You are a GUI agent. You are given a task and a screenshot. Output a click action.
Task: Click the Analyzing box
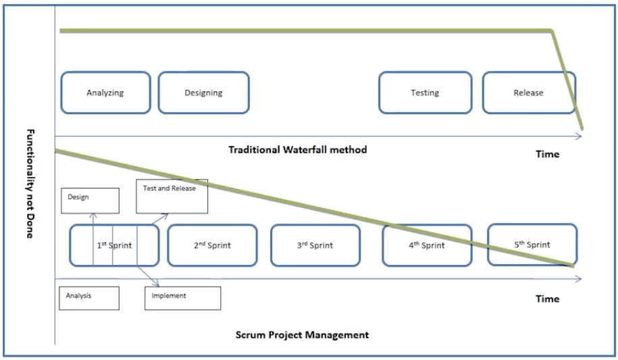pyautogui.click(x=105, y=93)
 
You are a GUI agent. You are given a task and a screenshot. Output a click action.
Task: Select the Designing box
pyautogui.click(x=203, y=93)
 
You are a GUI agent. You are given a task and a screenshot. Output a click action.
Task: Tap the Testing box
pyautogui.click(x=424, y=93)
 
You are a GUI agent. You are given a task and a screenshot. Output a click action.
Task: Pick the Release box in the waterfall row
pyautogui.click(x=527, y=93)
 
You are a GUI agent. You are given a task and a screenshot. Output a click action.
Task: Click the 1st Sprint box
pyautogui.click(x=114, y=245)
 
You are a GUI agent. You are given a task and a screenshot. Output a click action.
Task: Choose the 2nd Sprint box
pyautogui.click(x=212, y=245)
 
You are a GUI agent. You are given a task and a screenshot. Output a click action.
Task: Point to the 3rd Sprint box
pyautogui.click(x=315, y=245)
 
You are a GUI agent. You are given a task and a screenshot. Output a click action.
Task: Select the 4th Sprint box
pyautogui.click(x=426, y=245)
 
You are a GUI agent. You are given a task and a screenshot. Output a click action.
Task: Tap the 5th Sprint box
pyautogui.click(x=532, y=245)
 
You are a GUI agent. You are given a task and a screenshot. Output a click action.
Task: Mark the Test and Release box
pyautogui.click(x=172, y=195)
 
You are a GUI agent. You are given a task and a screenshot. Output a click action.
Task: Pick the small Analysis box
pyautogui.click(x=89, y=298)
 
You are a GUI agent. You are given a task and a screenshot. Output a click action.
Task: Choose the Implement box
pyautogui.click(x=182, y=298)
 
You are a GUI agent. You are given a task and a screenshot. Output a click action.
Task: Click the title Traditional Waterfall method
pyautogui.click(x=297, y=149)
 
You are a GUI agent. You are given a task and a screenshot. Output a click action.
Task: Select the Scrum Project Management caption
pyautogui.click(x=302, y=334)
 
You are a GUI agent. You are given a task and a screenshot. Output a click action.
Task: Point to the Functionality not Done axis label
pyautogui.click(x=30, y=182)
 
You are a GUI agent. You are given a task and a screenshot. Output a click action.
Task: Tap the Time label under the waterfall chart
pyautogui.click(x=547, y=154)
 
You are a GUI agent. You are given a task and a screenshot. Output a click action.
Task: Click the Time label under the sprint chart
pyautogui.click(x=547, y=299)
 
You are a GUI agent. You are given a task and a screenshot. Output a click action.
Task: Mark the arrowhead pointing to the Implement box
pyautogui.click(x=157, y=284)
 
